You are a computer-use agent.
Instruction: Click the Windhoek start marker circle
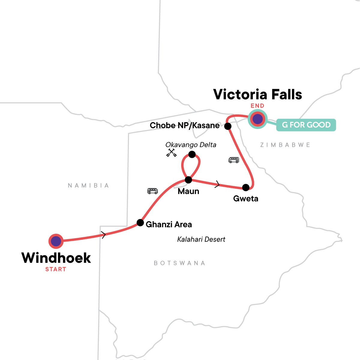tap(56, 241)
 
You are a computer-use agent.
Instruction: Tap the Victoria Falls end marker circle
tap(257, 119)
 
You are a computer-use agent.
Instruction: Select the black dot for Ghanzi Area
tap(140, 223)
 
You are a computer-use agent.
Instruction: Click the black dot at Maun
tap(188, 180)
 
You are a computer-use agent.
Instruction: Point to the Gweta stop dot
tap(246, 187)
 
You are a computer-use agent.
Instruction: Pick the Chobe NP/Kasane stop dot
tap(228, 126)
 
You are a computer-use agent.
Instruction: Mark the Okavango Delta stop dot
tap(192, 154)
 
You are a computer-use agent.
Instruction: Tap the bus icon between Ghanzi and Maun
tap(152, 191)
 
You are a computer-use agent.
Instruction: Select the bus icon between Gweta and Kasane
tap(234, 160)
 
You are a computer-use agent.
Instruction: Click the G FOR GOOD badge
tap(306, 125)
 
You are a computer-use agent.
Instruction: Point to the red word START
tap(55, 269)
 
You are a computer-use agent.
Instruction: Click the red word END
tap(257, 106)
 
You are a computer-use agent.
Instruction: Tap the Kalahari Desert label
tap(201, 239)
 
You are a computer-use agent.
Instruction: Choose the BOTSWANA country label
tap(179, 263)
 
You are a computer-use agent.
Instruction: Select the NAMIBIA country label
tap(88, 185)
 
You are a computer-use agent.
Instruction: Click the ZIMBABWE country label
tap(285, 145)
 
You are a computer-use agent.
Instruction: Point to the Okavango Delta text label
tap(191, 145)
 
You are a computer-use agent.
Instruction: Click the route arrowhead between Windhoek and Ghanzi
tap(104, 235)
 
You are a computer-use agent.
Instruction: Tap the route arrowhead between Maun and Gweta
tap(217, 185)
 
